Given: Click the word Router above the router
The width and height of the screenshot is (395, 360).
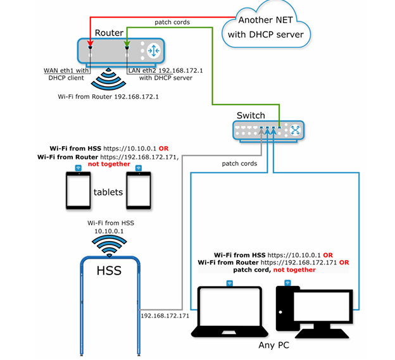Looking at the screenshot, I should pyautogui.click(x=109, y=33).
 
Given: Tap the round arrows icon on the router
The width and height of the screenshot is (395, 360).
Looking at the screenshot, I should pyautogui.click(x=153, y=51).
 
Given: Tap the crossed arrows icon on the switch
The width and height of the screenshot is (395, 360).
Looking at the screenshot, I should pyautogui.click(x=294, y=130).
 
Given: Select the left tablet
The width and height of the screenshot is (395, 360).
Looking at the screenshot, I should pyautogui.click(x=78, y=190).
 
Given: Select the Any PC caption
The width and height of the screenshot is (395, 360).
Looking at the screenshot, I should pyautogui.click(x=277, y=345).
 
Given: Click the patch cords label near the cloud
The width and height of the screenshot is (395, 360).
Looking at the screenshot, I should pyautogui.click(x=172, y=22).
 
